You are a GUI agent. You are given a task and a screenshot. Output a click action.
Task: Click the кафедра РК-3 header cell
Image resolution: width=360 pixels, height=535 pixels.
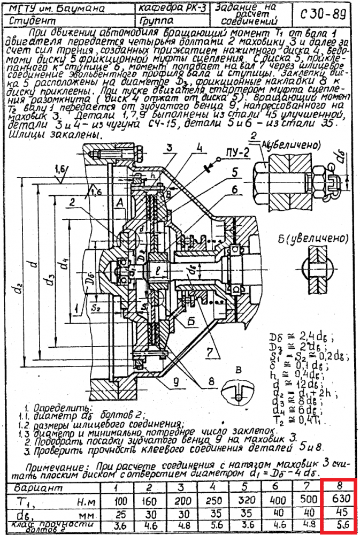(172, 8)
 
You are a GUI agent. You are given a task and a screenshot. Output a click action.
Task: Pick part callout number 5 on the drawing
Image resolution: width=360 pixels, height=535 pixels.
(234, 173)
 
